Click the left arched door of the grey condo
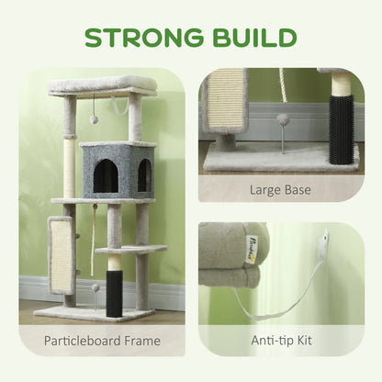point(106,176)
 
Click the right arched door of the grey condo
point(143,175)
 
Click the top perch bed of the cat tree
point(103,84)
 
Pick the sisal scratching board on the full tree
point(62,253)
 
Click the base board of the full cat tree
point(92,313)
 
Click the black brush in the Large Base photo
point(341,134)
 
